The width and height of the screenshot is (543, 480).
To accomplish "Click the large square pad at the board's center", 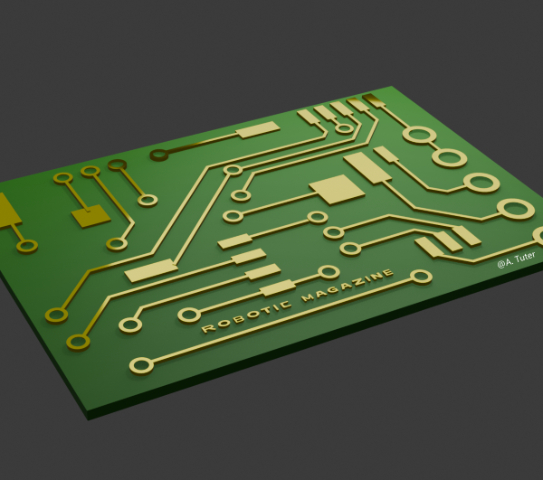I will pos(337,189).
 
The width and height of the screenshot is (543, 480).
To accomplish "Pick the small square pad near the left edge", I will pos(90,217).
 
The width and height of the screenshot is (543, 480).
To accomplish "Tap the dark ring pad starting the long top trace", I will pos(159,155).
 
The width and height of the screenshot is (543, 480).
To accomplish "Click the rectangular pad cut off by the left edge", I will pos(7,210).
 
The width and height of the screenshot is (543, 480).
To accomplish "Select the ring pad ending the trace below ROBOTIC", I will pos(141,365).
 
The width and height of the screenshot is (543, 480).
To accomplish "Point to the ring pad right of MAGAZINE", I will pos(421,277).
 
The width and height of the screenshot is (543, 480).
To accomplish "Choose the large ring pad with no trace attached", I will pos(449,158).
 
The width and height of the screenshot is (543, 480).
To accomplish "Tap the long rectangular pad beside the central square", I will pos(367,166).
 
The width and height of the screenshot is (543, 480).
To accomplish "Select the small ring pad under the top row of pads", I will pos(344,128).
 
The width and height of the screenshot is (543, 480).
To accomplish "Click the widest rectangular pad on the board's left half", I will pos(151,270).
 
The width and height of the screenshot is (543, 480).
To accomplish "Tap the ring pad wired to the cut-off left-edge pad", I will pos(27,245).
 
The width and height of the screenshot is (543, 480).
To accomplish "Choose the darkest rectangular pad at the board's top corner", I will pos(374,99).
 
